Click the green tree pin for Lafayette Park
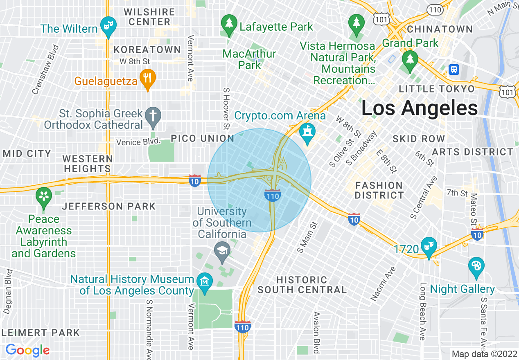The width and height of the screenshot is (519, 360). pyautogui.click(x=228, y=24)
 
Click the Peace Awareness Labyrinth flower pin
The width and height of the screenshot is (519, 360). pyautogui.click(x=44, y=196)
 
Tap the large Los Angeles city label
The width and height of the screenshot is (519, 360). pyautogui.click(x=420, y=108)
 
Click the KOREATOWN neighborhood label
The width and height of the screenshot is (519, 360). pyautogui.click(x=147, y=50)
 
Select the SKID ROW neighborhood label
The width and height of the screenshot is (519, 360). pyautogui.click(x=418, y=139)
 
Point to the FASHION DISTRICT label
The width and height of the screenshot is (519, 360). pyautogui.click(x=379, y=190)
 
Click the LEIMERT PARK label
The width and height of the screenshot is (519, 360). pyautogui.click(x=41, y=333)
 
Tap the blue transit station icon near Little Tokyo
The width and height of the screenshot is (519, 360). pyautogui.click(x=454, y=70)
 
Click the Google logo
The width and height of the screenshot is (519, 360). pyautogui.click(x=27, y=350)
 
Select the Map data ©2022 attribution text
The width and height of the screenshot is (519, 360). pyautogui.click(x=484, y=354)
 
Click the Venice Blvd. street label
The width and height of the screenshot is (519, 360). pyautogui.click(x=138, y=142)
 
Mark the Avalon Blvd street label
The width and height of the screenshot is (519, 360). pyautogui.click(x=316, y=332)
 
